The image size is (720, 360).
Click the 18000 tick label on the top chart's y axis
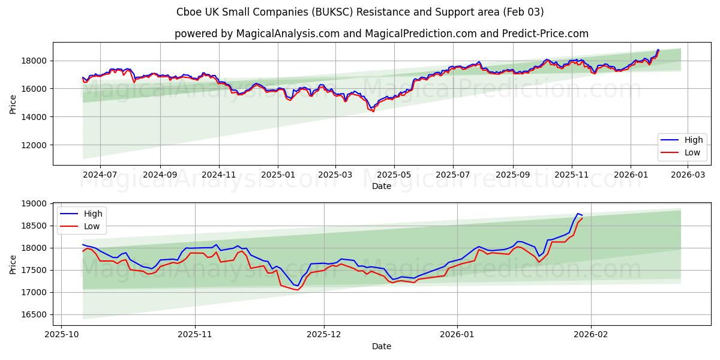pos(35,61)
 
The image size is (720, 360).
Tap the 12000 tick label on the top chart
pos(35,145)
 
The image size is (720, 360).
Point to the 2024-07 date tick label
pos(100,175)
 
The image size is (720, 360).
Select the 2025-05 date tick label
pos(394,175)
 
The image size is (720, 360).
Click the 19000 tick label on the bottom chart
pos(35,204)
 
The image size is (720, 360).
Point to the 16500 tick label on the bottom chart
pos(35,314)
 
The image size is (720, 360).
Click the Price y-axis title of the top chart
pos(13,103)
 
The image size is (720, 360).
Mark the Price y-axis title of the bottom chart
pos(13,264)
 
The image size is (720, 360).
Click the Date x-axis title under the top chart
pos(382,186)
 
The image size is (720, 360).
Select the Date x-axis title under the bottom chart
pos(382,346)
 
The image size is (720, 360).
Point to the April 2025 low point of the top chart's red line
pos(373,111)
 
